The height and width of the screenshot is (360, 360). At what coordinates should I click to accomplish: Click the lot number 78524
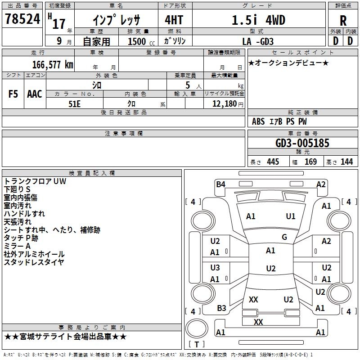point(22,19)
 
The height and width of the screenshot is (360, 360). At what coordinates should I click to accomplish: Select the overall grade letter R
point(343,21)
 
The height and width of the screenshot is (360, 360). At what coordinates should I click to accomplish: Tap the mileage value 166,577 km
point(53,64)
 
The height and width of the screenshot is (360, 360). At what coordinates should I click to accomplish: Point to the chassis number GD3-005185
point(302,143)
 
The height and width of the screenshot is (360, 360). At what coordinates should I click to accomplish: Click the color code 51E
point(74,104)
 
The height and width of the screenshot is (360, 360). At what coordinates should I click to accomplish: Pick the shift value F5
point(13,94)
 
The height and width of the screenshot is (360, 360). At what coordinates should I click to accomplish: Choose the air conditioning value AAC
point(35,94)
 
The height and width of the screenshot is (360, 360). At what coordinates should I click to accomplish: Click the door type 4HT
point(174,20)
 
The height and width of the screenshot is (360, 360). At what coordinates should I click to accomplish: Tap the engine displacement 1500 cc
point(141,41)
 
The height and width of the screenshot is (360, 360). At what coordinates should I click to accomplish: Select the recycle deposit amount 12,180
point(224,104)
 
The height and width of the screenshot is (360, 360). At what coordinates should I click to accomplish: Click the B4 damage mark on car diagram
point(220,184)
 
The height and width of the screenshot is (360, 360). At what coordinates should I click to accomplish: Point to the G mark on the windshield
point(284,237)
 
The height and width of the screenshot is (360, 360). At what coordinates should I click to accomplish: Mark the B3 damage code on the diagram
point(221,308)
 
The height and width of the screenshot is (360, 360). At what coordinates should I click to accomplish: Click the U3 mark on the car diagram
point(215,268)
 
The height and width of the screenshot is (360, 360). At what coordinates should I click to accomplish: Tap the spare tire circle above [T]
point(197,328)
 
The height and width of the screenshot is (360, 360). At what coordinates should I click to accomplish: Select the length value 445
point(273,162)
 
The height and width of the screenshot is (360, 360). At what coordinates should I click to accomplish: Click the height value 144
point(346,162)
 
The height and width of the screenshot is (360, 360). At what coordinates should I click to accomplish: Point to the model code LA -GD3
point(258,41)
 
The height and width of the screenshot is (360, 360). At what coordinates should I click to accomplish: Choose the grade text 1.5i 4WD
point(258,20)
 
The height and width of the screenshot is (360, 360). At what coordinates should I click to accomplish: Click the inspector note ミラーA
point(17,246)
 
